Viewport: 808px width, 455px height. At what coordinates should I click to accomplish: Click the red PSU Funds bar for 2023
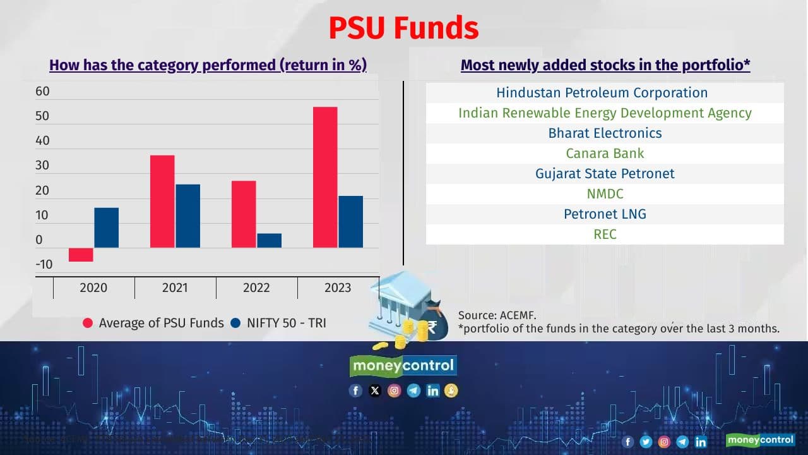tap(325, 177)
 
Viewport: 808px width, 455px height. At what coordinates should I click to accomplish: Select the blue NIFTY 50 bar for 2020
tap(106, 227)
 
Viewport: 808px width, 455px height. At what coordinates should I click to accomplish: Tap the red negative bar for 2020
tap(81, 254)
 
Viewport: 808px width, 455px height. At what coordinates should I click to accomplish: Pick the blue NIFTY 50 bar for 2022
tap(269, 241)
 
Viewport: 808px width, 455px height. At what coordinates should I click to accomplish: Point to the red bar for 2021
tap(162, 201)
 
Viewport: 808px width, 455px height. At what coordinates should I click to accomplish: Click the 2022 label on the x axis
tap(256, 288)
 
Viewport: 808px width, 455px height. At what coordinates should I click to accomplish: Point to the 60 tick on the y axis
tap(42, 92)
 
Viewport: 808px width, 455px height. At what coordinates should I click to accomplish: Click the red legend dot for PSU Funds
tap(88, 323)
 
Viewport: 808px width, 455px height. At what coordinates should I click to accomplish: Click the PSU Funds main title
tap(403, 28)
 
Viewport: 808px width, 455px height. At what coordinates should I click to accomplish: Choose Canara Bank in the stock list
tap(604, 154)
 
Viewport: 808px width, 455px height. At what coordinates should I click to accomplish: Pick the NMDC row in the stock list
tap(604, 194)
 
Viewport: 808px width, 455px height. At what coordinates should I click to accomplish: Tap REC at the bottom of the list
tap(604, 234)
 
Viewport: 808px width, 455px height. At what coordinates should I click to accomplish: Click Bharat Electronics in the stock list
tap(604, 133)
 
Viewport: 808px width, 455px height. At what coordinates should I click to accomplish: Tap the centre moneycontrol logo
tap(403, 366)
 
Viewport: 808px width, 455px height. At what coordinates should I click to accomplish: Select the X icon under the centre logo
tap(375, 391)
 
